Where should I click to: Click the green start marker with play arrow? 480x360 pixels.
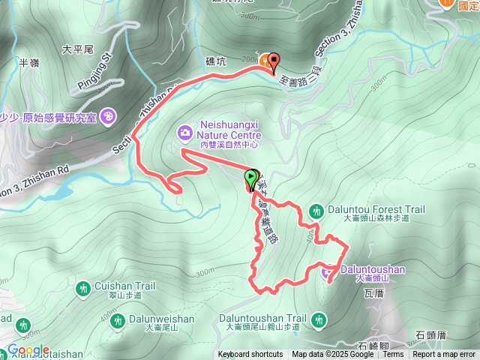point(250,178)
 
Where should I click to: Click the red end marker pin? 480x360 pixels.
point(271,62)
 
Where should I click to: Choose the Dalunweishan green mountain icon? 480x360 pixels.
point(117,321)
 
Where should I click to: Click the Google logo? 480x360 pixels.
point(28,350)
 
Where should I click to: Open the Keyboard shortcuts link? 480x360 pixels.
point(250,355)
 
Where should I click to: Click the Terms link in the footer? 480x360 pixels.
point(393,355)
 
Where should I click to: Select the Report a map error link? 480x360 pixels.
point(444,355)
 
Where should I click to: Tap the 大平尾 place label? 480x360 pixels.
point(77,49)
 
